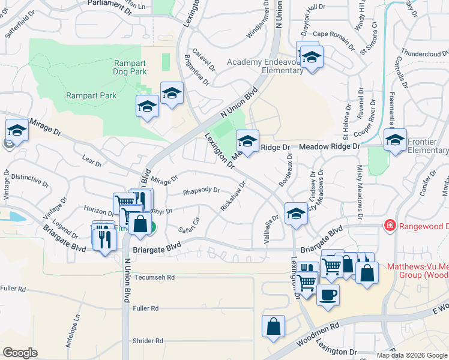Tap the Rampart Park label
tap(91, 95)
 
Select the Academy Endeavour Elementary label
tap(265, 66)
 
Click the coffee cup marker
tap(328, 295)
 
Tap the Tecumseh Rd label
tap(154, 278)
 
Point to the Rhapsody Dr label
tap(201, 191)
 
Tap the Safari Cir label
tap(188, 225)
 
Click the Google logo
tap(20, 352)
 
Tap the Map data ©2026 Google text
tap(412, 355)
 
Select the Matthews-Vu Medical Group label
tap(417, 270)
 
